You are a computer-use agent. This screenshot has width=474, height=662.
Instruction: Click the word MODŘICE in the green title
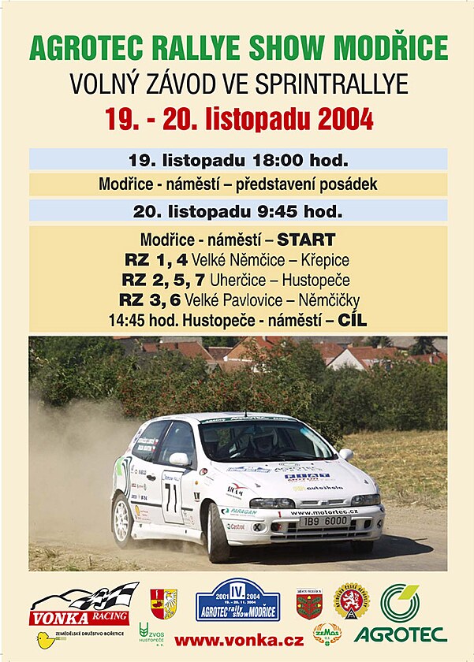[395, 49]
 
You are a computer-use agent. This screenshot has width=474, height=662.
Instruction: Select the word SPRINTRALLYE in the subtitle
[340, 84]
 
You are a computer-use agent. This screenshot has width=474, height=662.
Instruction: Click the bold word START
[306, 240]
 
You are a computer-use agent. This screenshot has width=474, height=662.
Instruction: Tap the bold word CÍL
[352, 320]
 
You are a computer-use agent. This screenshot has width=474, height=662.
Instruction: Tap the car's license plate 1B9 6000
[323, 522]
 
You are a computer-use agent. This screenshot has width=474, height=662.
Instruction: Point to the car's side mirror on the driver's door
[180, 459]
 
